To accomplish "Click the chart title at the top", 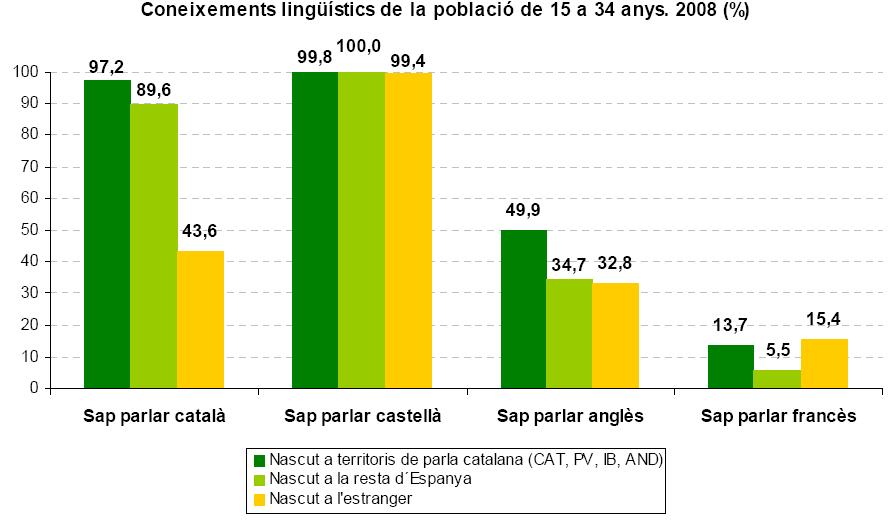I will [446, 11].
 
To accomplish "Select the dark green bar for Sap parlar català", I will [107, 234].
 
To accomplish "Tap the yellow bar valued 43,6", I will [200, 319].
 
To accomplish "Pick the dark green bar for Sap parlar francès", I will [730, 366].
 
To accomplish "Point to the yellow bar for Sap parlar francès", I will [824, 363].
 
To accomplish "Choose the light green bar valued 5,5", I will [777, 379].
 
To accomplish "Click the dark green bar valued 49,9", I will [523, 309].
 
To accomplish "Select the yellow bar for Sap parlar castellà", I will [408, 230].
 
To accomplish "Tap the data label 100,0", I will [362, 46].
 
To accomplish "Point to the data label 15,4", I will [824, 319].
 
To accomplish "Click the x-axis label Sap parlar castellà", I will [362, 415].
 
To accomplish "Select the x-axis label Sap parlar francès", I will [778, 415].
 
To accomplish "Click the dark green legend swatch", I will [259, 460].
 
